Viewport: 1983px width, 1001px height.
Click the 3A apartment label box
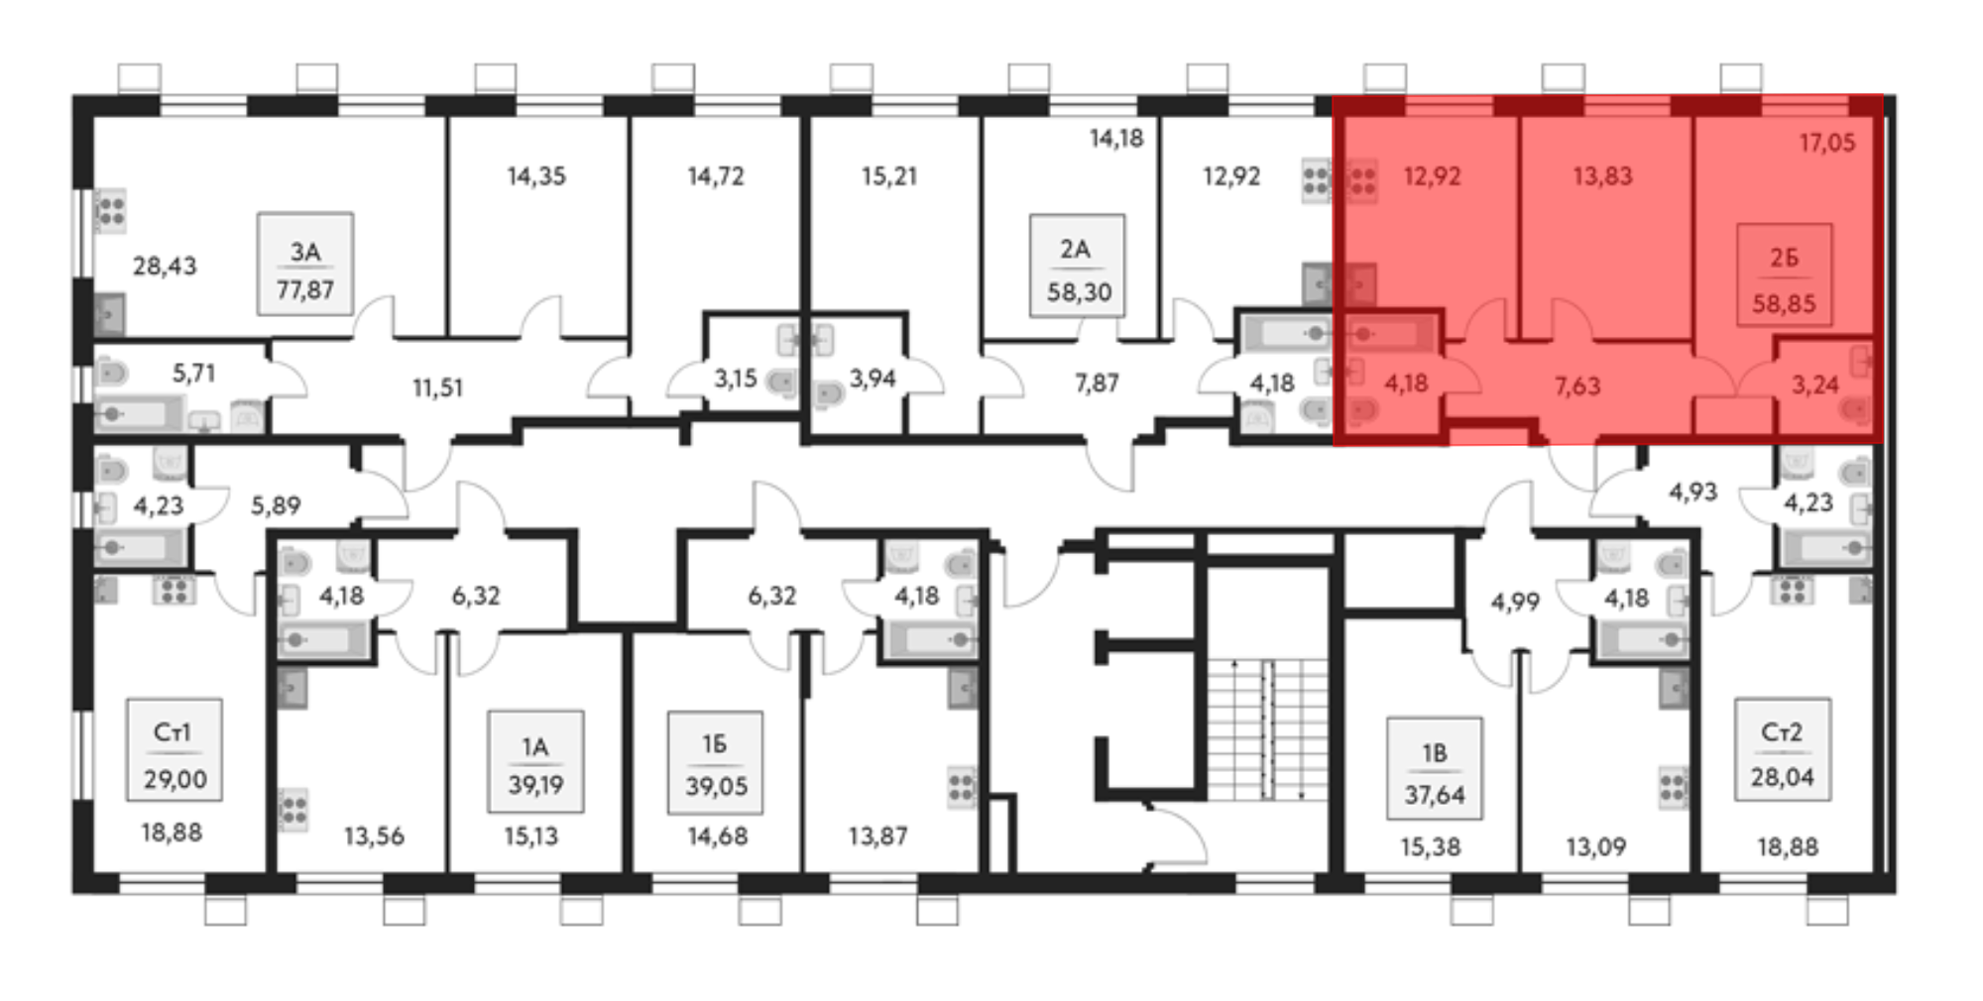click(305, 264)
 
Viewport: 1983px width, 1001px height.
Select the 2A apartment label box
click(1077, 266)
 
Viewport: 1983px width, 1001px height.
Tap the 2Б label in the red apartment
click(1784, 258)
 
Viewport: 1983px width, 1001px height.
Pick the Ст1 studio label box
click(175, 749)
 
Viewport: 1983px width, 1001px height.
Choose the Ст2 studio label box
click(1782, 748)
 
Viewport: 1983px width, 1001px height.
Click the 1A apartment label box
click(535, 761)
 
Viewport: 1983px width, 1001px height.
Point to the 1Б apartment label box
click(715, 762)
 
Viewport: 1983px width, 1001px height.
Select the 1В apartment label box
click(1435, 768)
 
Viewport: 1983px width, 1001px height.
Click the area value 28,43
click(165, 266)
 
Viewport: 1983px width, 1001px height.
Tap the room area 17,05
click(1827, 143)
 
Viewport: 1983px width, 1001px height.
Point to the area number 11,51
click(437, 388)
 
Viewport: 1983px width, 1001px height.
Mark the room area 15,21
click(889, 176)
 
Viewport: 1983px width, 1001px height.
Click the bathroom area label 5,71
click(193, 373)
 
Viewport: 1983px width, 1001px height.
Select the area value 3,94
click(873, 379)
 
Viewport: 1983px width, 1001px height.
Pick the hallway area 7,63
click(1577, 386)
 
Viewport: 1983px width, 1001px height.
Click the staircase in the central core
click(1267, 728)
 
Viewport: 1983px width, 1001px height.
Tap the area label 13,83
click(1602, 176)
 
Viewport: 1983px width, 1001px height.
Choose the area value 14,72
click(716, 176)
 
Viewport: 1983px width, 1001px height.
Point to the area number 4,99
click(1515, 602)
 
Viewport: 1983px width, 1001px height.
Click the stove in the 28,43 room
click(110, 211)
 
